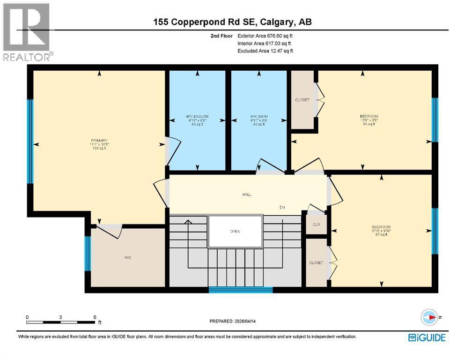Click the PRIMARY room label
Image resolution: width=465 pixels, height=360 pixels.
tap(99, 141)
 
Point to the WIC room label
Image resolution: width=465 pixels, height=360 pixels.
tap(127, 257)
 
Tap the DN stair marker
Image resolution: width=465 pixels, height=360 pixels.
tap(282, 207)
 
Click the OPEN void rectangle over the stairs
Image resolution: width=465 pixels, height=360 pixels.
tap(235, 231)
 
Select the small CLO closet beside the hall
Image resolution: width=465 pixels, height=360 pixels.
tap(316, 225)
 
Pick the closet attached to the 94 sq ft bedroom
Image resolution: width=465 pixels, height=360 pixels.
tap(302, 100)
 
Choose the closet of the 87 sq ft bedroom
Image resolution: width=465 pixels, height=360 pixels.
tap(316, 262)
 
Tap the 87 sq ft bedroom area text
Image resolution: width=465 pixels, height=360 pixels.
tap(382, 235)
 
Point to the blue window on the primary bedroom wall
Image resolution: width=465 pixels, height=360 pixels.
tap(30, 142)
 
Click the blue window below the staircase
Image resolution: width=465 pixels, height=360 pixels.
tap(240, 290)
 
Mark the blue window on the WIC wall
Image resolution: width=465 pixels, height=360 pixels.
tap(87, 254)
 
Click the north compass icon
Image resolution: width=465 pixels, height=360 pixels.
tap(429, 317)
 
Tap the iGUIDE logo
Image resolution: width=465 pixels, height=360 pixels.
tap(427, 337)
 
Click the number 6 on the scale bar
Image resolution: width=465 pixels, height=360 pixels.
tap(95, 317)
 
